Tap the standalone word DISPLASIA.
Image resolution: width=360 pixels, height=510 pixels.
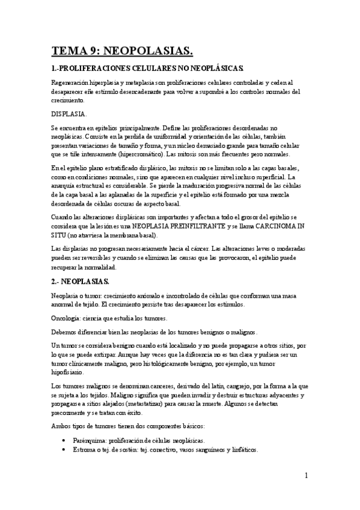pos(69,113)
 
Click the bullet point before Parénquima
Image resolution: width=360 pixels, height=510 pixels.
pos(64,441)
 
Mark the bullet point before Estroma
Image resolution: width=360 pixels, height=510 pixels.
pos(64,450)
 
